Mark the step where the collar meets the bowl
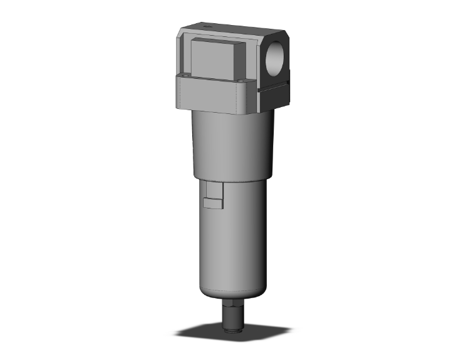(x=233, y=177)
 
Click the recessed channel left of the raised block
(x=185, y=56)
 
